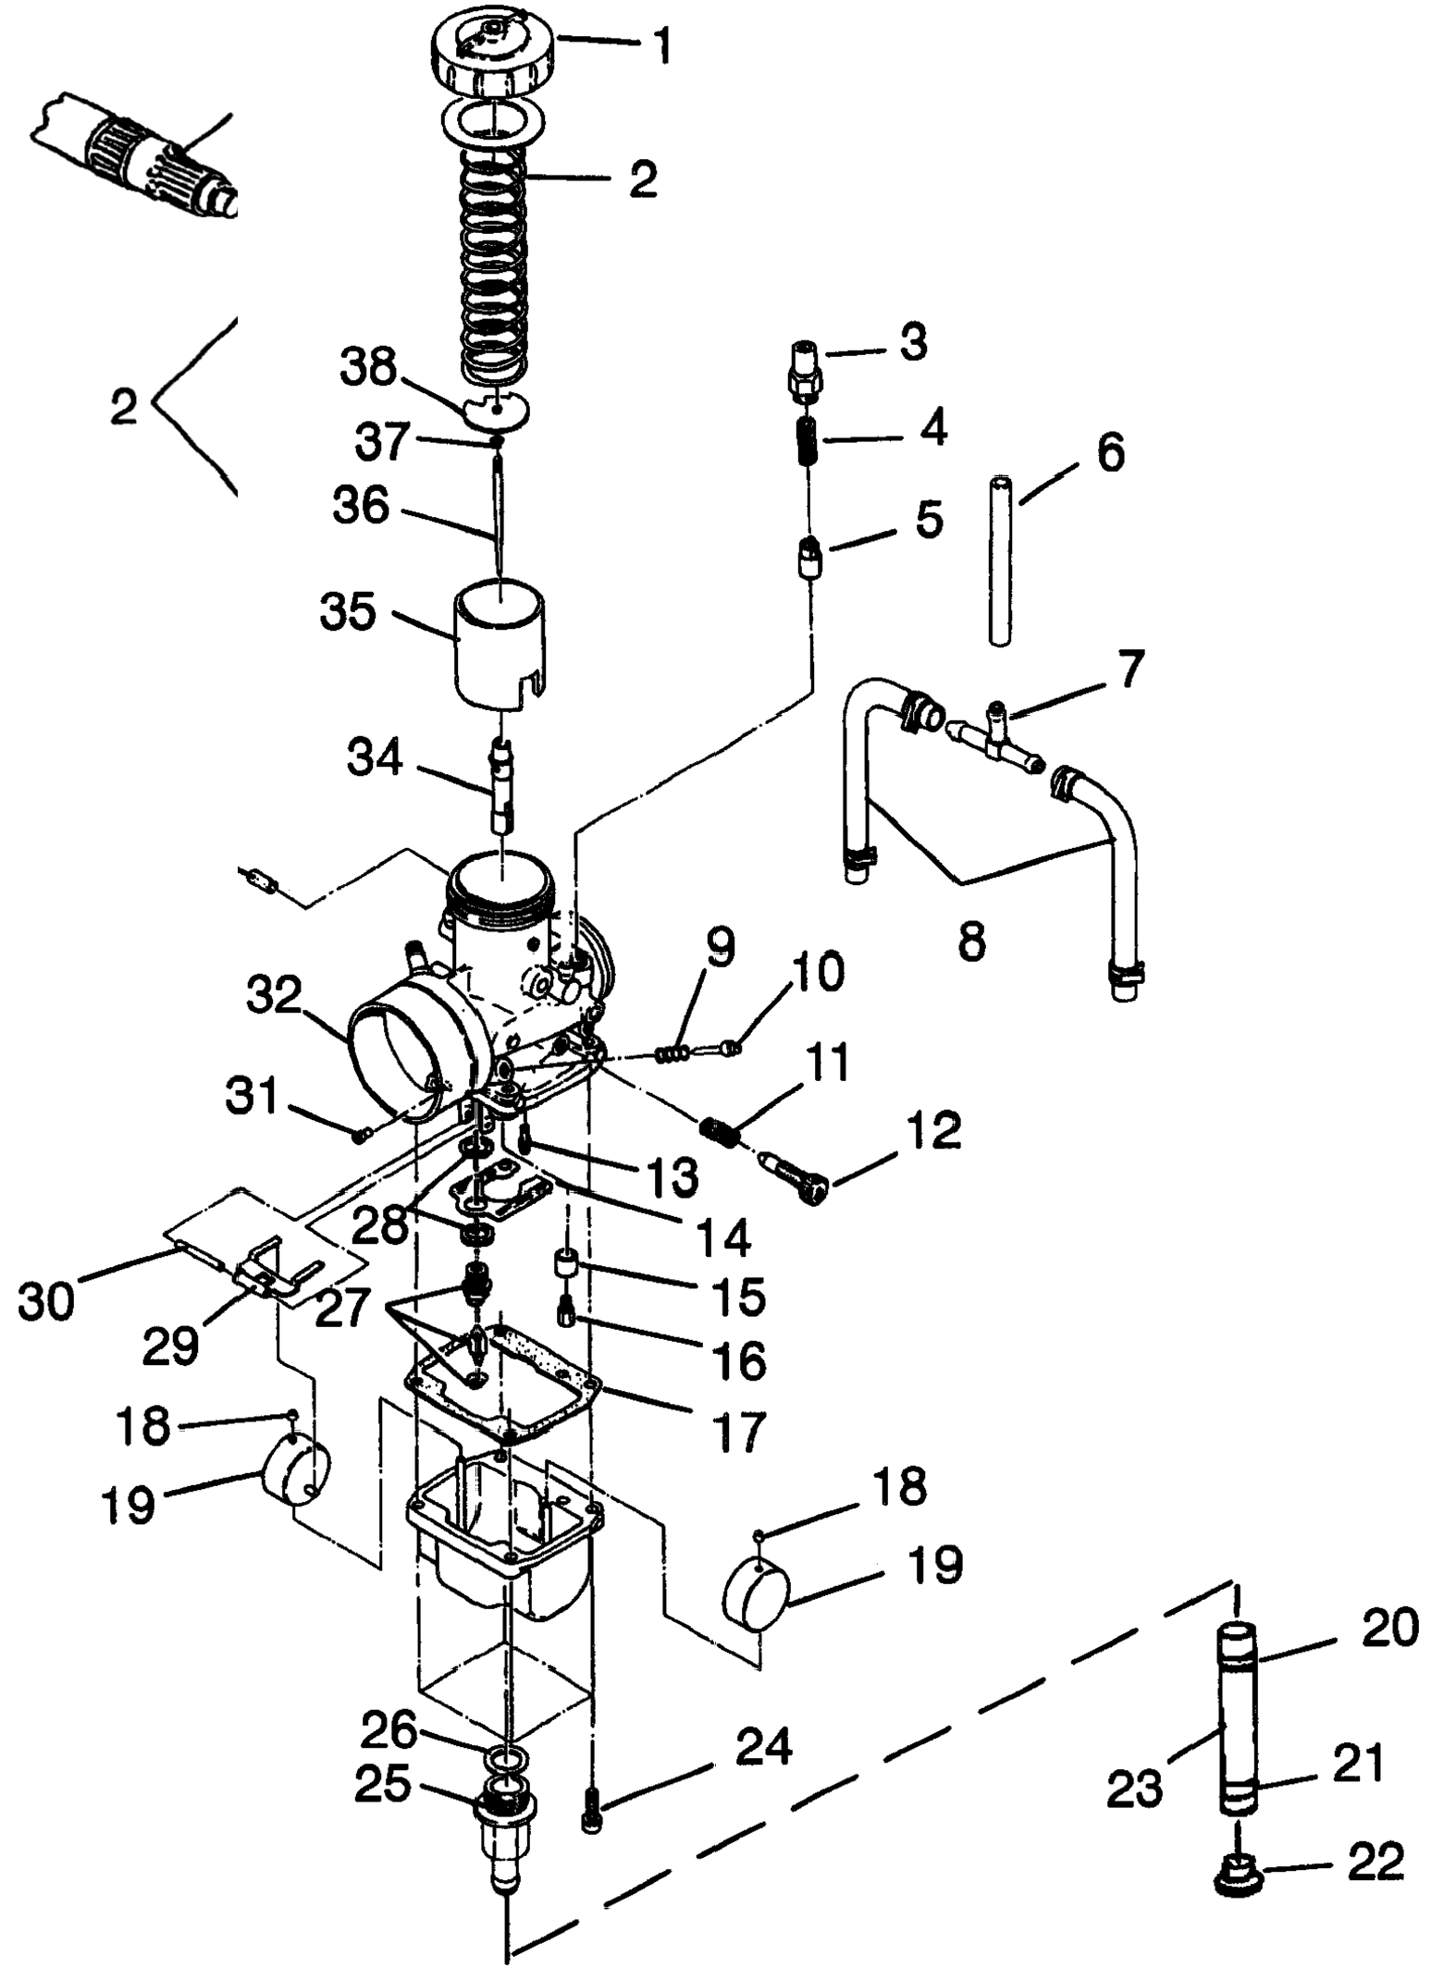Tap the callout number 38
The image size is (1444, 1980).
coord(369,369)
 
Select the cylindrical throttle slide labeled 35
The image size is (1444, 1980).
coord(499,644)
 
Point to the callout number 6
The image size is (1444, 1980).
coord(1110,453)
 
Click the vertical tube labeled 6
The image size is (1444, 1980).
coord(999,560)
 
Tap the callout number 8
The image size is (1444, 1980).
coord(971,943)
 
